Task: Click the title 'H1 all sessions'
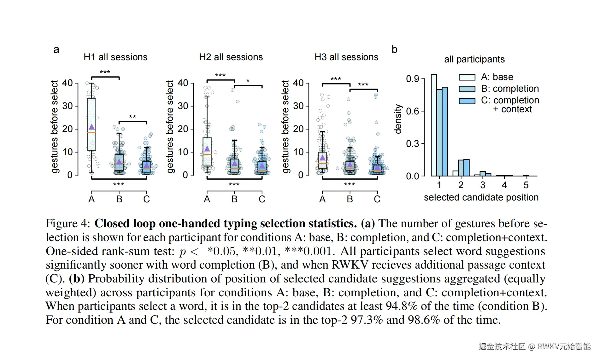tap(115, 57)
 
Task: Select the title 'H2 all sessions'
tap(231, 57)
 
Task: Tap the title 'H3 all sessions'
tap(346, 57)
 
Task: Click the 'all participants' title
tap(474, 59)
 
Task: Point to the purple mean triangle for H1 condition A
tap(91, 127)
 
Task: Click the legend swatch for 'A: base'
tap(467, 77)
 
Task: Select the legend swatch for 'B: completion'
tap(467, 89)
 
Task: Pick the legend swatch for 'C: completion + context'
tap(467, 101)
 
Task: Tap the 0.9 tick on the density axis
tap(413, 79)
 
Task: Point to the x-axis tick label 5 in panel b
tap(526, 185)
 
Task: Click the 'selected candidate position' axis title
tap(481, 197)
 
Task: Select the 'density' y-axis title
tap(398, 119)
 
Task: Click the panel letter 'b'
tap(394, 49)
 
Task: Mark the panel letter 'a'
tap(56, 49)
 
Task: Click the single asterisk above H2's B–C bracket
tap(248, 81)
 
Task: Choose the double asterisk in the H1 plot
tap(132, 117)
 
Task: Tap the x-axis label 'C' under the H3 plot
tap(377, 199)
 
